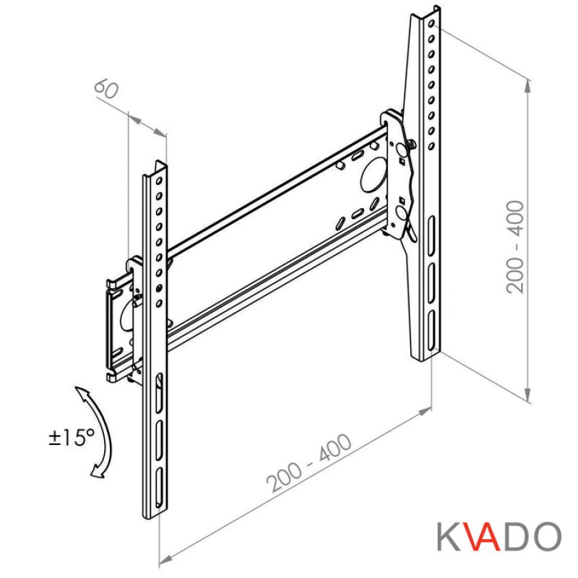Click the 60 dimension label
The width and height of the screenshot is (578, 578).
tap(105, 90)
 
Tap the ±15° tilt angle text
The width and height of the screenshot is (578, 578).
tap(72, 437)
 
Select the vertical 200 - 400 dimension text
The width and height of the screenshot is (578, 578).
tap(515, 246)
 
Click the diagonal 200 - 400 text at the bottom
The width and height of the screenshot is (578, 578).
tap(309, 463)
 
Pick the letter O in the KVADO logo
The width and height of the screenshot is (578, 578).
tap(548, 536)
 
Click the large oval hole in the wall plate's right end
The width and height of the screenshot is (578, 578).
tap(376, 173)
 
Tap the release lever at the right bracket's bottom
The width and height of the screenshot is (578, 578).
tap(410, 233)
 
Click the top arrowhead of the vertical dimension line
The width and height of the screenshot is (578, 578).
tap(529, 83)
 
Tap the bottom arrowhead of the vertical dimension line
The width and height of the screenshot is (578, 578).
tap(529, 395)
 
